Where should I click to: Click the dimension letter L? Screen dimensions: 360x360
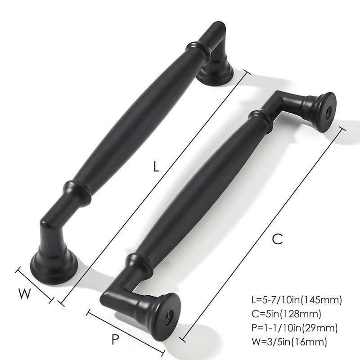click(156, 167)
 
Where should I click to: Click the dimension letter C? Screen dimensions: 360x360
click(278, 239)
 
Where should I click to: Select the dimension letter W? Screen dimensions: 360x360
click(25, 294)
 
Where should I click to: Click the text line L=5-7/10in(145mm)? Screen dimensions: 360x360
click(297, 300)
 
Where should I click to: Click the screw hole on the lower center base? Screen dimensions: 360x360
click(167, 318)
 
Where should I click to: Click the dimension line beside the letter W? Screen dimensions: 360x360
click(35, 285)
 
